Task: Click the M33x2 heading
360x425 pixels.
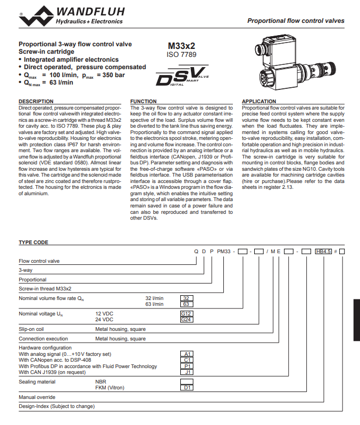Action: click(181, 46)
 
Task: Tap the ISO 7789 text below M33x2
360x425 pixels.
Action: click(181, 55)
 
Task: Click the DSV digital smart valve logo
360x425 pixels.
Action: click(182, 76)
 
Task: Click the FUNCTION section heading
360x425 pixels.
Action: click(144, 101)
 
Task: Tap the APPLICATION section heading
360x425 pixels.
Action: click(259, 101)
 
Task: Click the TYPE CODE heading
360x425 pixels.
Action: click(34, 242)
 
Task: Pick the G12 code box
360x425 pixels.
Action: click(187, 314)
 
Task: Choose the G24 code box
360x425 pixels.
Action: click(187, 320)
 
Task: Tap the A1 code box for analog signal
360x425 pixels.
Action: click(187, 354)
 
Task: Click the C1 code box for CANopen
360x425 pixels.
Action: click(187, 360)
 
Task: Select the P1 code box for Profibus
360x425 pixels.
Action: click(187, 366)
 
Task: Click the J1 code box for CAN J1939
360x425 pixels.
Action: click(187, 372)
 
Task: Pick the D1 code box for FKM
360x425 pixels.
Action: click(187, 388)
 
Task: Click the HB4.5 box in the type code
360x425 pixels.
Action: click(323, 251)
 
